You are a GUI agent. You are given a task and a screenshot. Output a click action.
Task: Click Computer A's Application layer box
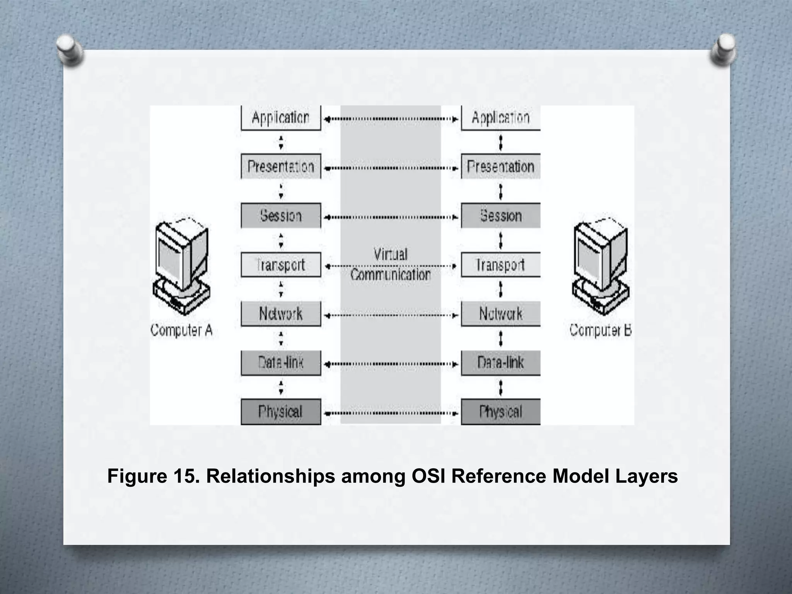(281, 118)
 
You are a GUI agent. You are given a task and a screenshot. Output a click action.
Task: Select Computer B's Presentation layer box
(500, 167)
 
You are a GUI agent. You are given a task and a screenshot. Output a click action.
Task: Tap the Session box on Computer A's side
(281, 215)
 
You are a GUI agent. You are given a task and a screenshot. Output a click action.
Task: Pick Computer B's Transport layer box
(500, 265)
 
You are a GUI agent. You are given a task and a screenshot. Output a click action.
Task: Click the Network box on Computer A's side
(281, 314)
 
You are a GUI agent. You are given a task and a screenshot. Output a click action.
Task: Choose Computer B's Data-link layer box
(500, 363)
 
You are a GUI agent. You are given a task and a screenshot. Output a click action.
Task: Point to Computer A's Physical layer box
(281, 411)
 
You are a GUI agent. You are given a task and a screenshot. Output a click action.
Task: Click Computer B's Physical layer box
(500, 411)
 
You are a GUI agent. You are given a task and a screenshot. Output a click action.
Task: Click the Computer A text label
(181, 330)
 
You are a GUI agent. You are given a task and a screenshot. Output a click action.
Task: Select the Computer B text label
(600, 330)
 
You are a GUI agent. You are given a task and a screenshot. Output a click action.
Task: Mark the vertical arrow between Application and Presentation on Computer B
(501, 142)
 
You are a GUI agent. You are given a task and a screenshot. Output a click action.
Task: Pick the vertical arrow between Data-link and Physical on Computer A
(281, 387)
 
